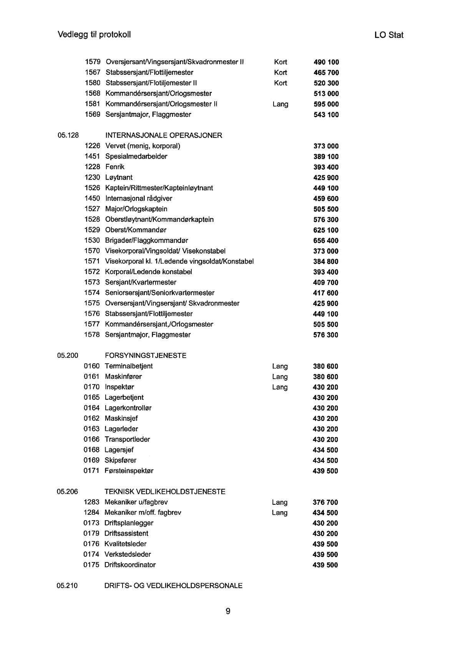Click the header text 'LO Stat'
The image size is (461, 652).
pyautogui.click(x=388, y=35)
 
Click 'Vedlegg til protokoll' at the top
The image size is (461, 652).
pyautogui.click(x=94, y=35)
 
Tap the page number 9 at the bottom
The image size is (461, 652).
pyautogui.click(x=228, y=611)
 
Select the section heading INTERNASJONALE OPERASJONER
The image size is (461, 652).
pyautogui.click(x=164, y=135)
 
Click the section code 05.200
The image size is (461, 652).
pyautogui.click(x=68, y=356)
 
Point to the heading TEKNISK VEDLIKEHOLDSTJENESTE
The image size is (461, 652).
pyautogui.click(x=165, y=492)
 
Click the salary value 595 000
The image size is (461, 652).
pyautogui.click(x=326, y=104)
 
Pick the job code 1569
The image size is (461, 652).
pyautogui.click(x=92, y=115)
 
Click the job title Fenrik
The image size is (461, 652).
pyautogui.click(x=115, y=167)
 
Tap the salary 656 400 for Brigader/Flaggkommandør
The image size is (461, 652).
pyautogui.click(x=326, y=241)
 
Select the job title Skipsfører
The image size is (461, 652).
pyautogui.click(x=120, y=460)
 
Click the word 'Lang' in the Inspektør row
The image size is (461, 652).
pyautogui.click(x=280, y=387)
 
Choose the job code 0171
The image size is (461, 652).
pyautogui.click(x=91, y=471)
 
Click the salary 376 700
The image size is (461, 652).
pyautogui.click(x=325, y=502)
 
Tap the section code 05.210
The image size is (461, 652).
pyautogui.click(x=67, y=586)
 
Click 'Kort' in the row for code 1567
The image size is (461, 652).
pyautogui.click(x=280, y=73)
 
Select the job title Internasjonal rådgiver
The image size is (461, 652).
pyautogui.click(x=139, y=198)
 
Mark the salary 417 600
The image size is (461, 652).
pyautogui.click(x=326, y=293)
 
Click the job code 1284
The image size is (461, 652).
pyautogui.click(x=91, y=512)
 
